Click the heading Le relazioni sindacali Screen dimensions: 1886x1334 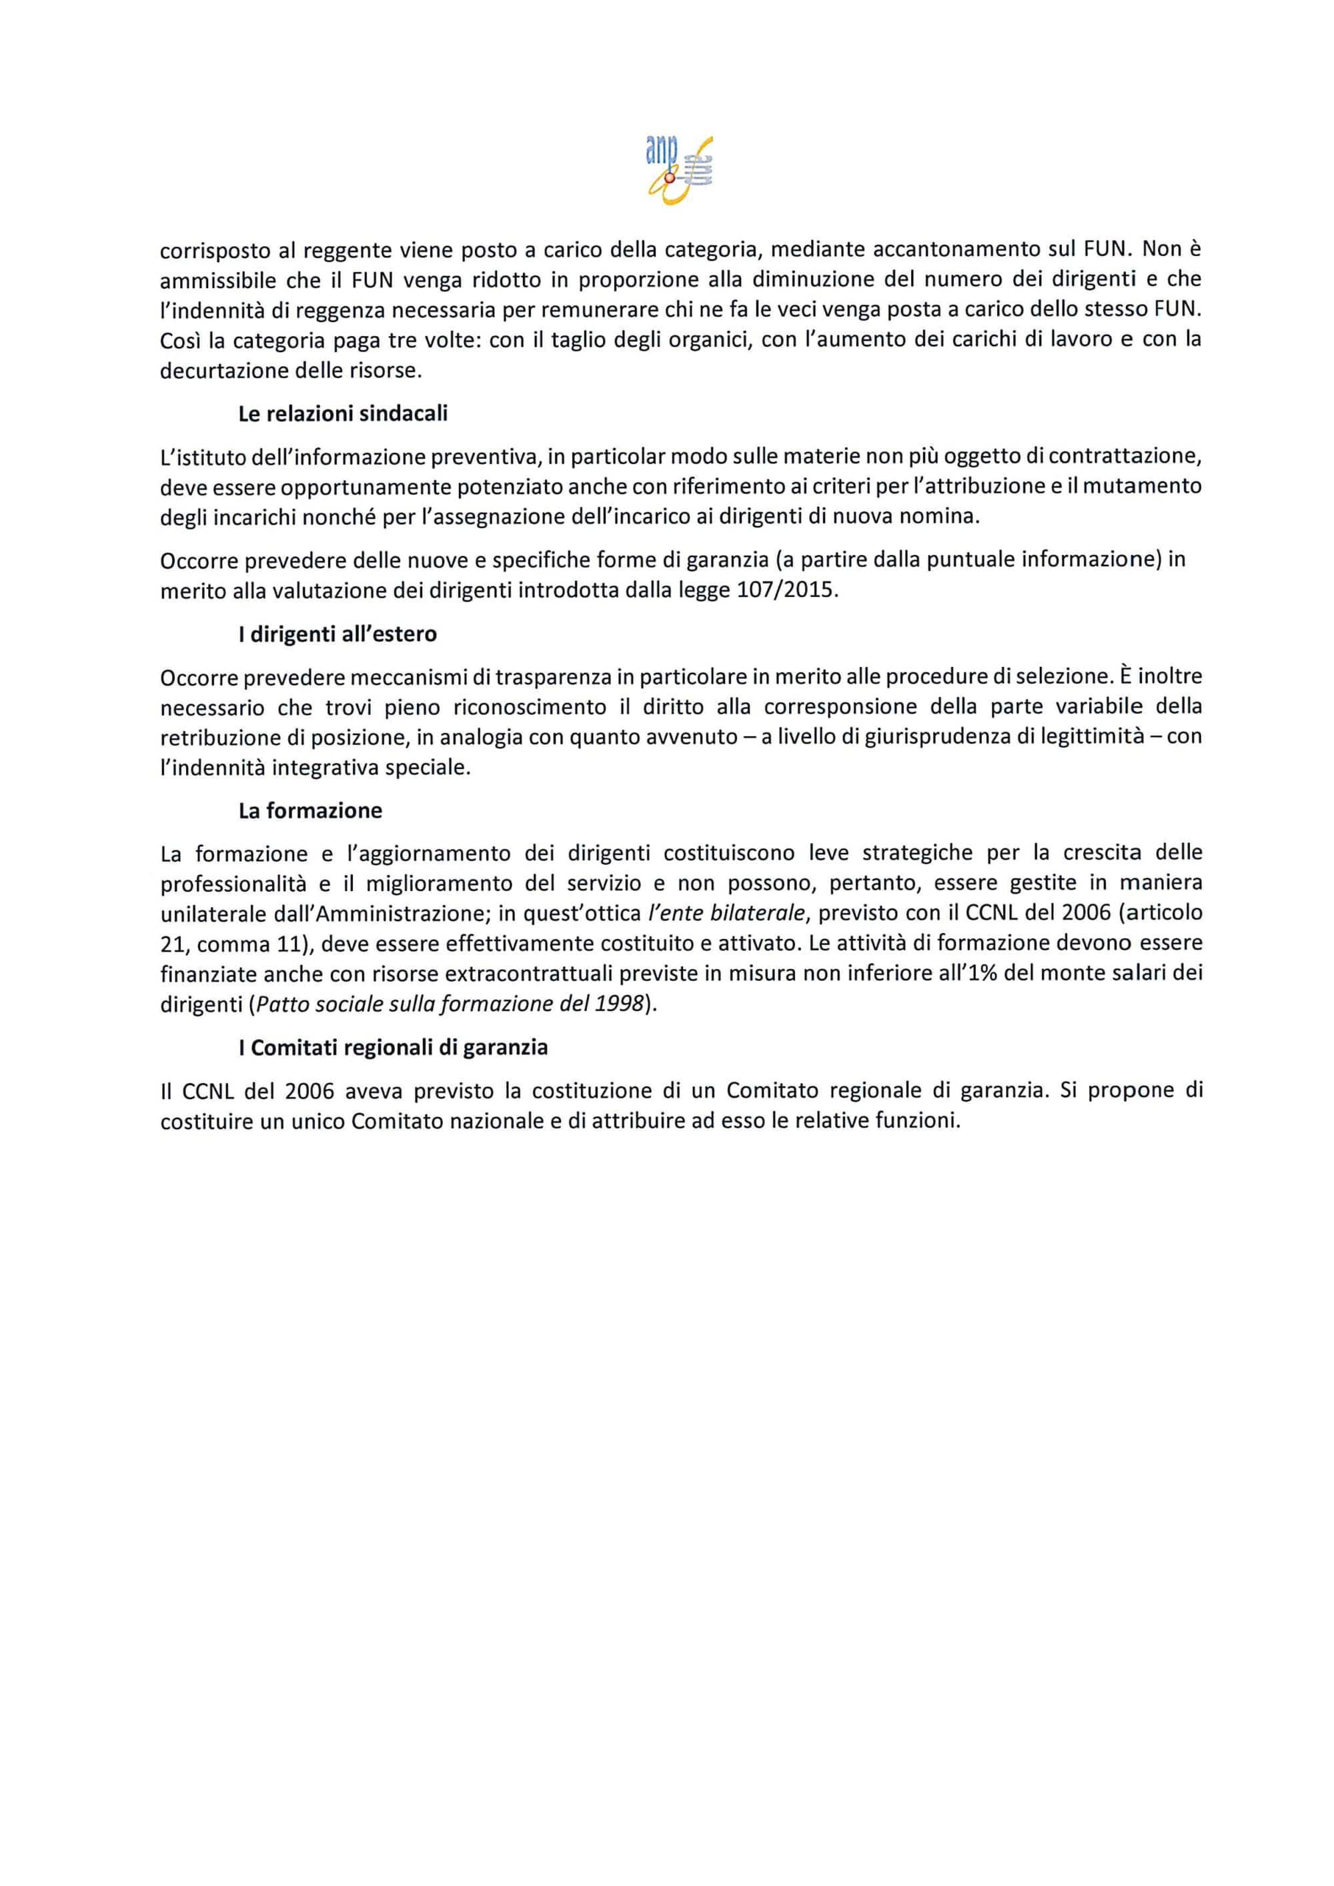point(343,414)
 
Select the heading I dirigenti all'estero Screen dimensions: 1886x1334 point(337,634)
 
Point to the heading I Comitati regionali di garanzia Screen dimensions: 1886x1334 point(393,1048)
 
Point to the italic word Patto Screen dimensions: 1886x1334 point(281,1004)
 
